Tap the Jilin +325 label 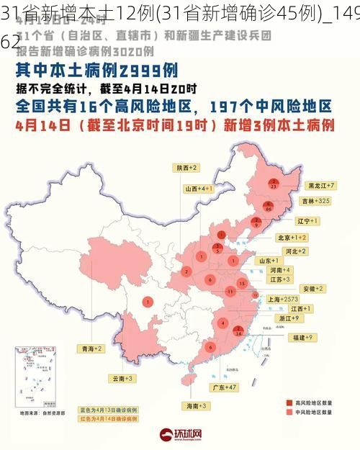(x=316, y=200)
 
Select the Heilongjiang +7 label (x=322, y=185)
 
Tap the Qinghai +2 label (x=91, y=348)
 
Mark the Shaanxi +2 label (x=186, y=167)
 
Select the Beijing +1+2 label (x=292, y=237)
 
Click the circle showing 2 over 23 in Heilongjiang (x=274, y=184)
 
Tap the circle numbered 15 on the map (x=242, y=284)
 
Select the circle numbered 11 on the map (x=229, y=291)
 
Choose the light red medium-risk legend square (x=289, y=413)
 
